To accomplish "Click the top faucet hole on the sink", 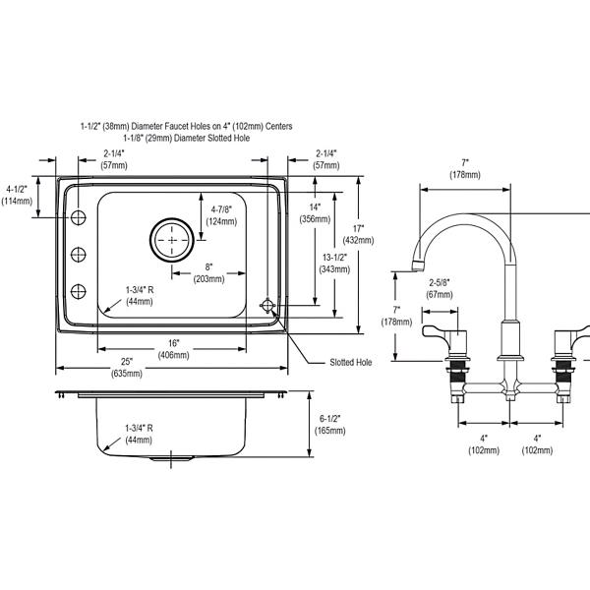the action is [x=79, y=217].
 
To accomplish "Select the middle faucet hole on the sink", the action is [x=79, y=255].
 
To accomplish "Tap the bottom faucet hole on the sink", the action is [x=79, y=291].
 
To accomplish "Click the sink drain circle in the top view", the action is [x=172, y=240].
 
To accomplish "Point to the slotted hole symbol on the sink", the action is [x=267, y=306].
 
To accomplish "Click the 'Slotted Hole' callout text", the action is [x=351, y=362].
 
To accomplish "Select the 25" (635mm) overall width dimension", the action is [x=127, y=367].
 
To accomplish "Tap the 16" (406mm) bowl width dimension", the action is [x=173, y=349].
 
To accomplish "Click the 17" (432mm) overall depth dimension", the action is [x=358, y=234].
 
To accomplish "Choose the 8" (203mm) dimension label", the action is [x=208, y=272].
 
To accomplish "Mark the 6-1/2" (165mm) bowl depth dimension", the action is [x=330, y=424].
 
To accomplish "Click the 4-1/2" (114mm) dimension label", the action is [x=17, y=195].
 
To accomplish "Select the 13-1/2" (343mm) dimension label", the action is [x=334, y=263].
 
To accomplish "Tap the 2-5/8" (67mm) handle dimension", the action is [x=440, y=288].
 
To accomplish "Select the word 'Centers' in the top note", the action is [x=278, y=126].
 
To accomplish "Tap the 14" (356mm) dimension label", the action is [x=315, y=213].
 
